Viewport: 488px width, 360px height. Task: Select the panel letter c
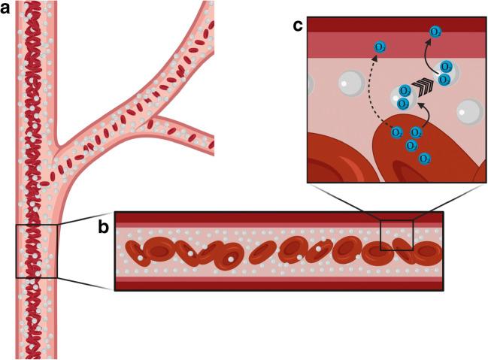pos(298,26)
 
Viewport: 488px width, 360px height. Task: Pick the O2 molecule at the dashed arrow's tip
pos(381,49)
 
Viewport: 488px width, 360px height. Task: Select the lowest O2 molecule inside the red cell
pos(426,158)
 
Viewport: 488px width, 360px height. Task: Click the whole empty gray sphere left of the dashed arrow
pos(353,82)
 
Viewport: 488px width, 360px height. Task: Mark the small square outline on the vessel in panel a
pos(36,251)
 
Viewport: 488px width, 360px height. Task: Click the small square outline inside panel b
pos(396,234)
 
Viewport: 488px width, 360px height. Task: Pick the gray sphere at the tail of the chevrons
pos(403,96)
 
